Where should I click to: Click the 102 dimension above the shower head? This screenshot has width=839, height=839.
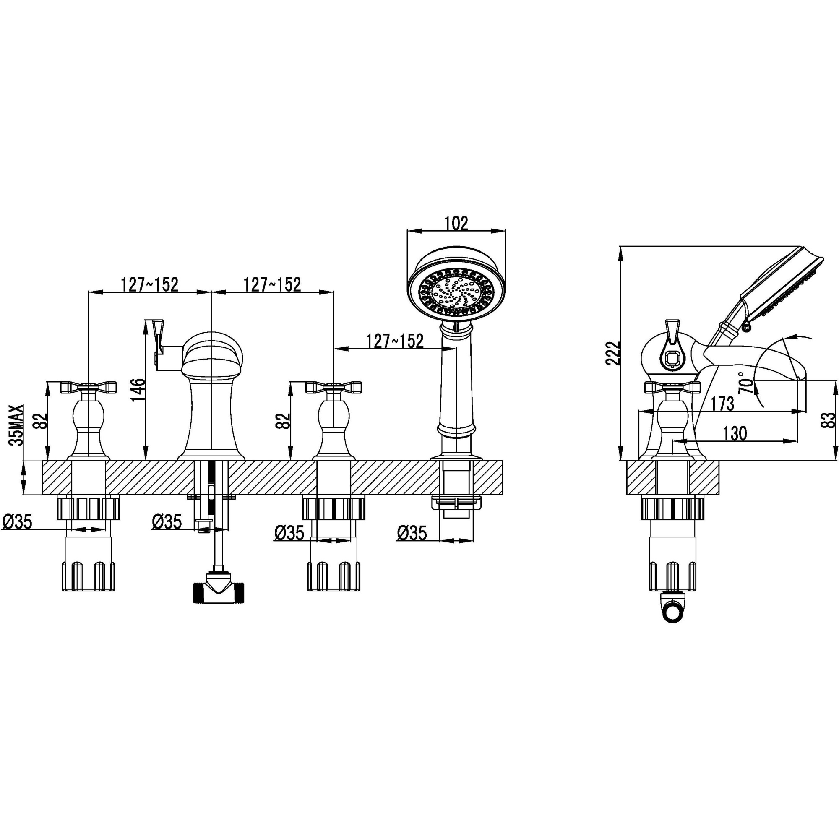click(456, 223)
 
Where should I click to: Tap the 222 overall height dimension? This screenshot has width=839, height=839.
click(613, 353)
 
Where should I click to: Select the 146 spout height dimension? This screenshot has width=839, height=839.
click(138, 390)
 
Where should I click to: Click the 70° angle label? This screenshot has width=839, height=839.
click(745, 382)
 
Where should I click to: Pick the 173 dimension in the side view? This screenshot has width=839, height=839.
click(722, 404)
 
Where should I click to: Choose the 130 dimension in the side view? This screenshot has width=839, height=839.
click(735, 433)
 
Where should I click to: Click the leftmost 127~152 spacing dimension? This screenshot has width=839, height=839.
click(149, 285)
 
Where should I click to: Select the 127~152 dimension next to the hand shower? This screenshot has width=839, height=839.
click(394, 341)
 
